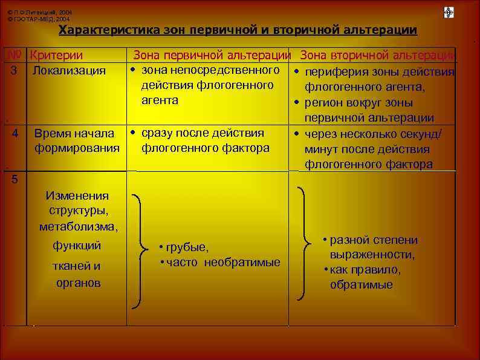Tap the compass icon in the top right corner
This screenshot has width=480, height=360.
449,12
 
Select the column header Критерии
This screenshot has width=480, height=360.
57,56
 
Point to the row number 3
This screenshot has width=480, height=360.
13,70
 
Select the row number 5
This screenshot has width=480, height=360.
15,179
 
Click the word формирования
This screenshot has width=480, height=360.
76,148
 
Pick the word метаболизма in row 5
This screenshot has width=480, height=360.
79,227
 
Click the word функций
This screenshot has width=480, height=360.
77,246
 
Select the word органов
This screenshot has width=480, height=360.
78,283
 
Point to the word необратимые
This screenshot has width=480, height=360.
242,262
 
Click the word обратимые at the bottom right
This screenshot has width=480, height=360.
361,284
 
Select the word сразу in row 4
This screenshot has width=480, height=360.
157,133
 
